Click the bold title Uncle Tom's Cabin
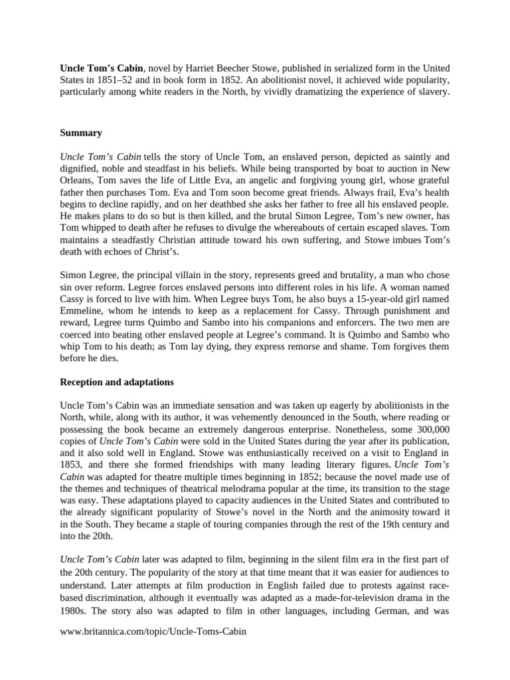pos(102,68)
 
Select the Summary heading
pos(81,133)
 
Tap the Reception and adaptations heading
pos(117,382)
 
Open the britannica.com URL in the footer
pos(153,632)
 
